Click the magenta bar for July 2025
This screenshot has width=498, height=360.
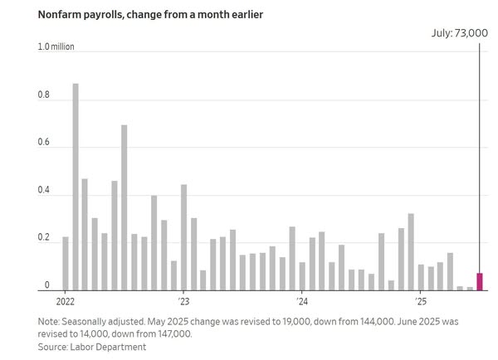(479, 282)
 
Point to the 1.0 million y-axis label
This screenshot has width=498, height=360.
(56, 47)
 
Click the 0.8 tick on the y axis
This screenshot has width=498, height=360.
(44, 95)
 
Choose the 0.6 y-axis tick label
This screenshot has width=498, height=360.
(44, 144)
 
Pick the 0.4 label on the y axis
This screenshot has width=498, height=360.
(44, 192)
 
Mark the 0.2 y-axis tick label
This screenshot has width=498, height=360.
(44, 239)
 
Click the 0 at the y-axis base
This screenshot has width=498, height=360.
(47, 286)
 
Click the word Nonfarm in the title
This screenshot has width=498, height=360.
(57, 15)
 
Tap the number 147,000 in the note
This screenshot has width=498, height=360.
(172, 333)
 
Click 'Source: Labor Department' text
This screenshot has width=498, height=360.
(91, 347)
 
